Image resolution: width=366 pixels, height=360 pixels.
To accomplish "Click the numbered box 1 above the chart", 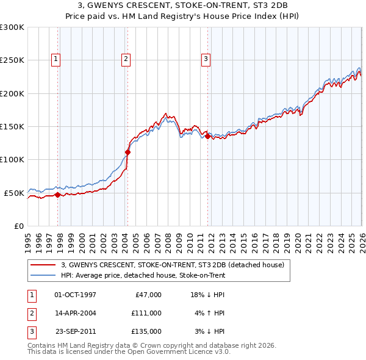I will (x=56, y=59).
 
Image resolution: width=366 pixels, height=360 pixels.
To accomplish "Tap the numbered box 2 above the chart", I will (x=125, y=59).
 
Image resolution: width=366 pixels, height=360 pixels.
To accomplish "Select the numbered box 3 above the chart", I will (x=206, y=59).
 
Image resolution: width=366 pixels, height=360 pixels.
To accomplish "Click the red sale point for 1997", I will (x=57, y=195).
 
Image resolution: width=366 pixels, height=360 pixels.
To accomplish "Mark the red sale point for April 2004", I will (x=128, y=153).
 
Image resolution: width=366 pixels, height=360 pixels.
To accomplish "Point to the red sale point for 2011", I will (x=208, y=137).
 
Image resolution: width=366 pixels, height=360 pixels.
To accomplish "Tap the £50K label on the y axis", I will (x=14, y=193).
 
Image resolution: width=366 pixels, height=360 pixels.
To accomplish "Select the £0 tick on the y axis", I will (x=20, y=226).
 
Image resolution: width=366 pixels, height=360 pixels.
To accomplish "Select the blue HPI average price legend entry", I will (x=143, y=276).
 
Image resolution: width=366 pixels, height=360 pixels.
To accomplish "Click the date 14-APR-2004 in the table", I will (x=75, y=313).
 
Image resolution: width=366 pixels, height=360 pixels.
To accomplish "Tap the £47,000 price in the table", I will (x=146, y=295).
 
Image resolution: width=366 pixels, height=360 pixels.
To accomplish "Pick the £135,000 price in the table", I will (x=146, y=331).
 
